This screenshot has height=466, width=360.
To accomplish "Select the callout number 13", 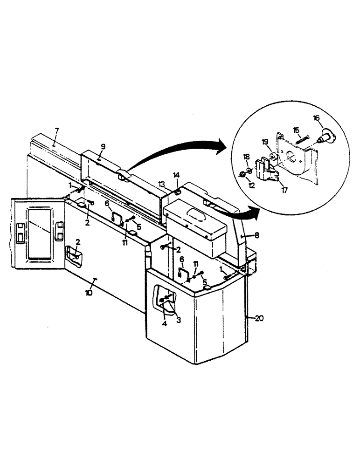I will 161,184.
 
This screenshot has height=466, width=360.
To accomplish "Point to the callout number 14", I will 177,175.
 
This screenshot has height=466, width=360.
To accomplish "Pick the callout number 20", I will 259,318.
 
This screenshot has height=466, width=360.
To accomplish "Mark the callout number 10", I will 88,293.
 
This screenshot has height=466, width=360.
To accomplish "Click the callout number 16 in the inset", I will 316,118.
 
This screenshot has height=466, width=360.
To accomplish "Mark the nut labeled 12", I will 243,175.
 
